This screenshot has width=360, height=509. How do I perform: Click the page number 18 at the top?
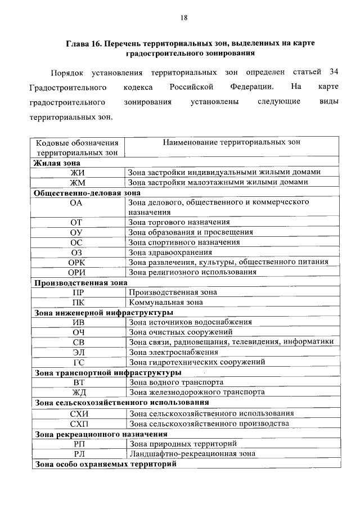(x=183, y=17)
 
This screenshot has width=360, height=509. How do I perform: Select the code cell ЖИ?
(x=78, y=173)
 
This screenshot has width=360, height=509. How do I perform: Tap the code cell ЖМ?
(x=78, y=183)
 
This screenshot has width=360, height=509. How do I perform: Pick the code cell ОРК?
(x=78, y=262)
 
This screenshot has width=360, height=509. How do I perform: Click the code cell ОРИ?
(x=78, y=272)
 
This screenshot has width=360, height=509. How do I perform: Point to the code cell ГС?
(x=78, y=362)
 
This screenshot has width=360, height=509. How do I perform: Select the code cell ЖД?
(x=78, y=393)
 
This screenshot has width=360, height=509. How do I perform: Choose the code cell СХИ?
(x=78, y=413)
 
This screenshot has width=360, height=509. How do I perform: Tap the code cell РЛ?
(x=78, y=453)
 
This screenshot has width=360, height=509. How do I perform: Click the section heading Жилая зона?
(x=56, y=163)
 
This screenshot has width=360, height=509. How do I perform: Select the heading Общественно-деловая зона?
(x=87, y=192)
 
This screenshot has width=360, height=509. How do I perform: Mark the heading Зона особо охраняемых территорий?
(x=106, y=464)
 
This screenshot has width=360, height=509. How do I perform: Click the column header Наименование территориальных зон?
(x=232, y=143)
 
